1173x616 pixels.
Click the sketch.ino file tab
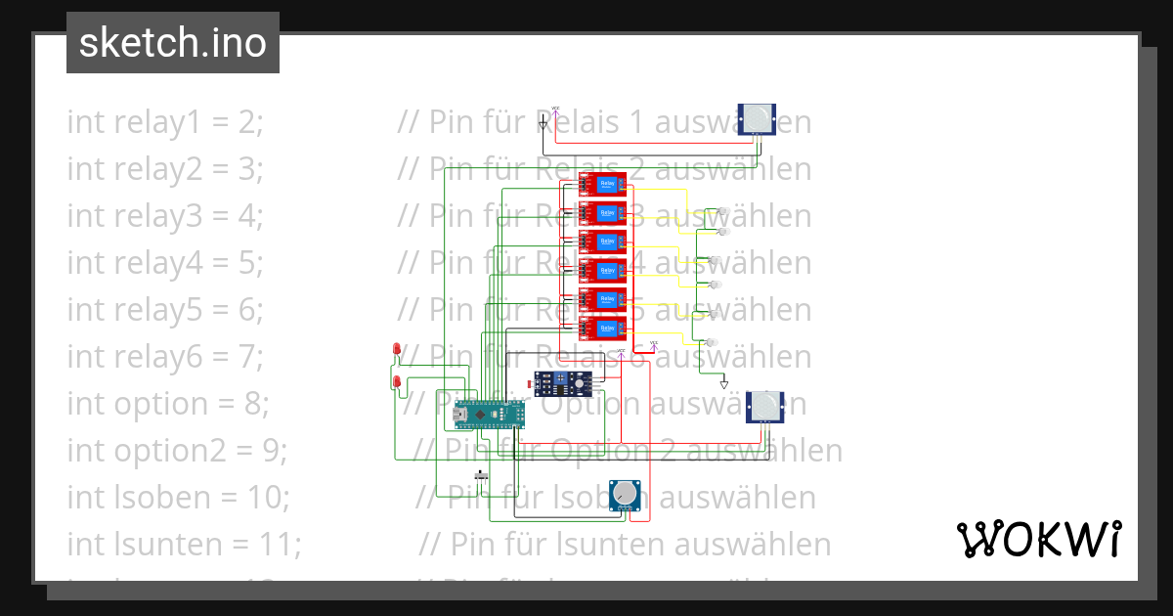click(x=172, y=43)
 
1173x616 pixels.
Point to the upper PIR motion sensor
click(x=759, y=119)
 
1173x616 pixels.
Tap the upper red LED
click(x=396, y=349)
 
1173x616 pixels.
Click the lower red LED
click(x=396, y=381)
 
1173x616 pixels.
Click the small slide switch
click(x=480, y=475)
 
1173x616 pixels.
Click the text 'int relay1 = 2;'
click(x=165, y=122)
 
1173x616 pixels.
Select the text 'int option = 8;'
click(x=168, y=403)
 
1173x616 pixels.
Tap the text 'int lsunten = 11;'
click(x=185, y=544)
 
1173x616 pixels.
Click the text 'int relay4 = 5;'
click(x=165, y=263)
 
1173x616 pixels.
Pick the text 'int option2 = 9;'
click(x=177, y=450)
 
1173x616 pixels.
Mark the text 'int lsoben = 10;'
click(x=178, y=497)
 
